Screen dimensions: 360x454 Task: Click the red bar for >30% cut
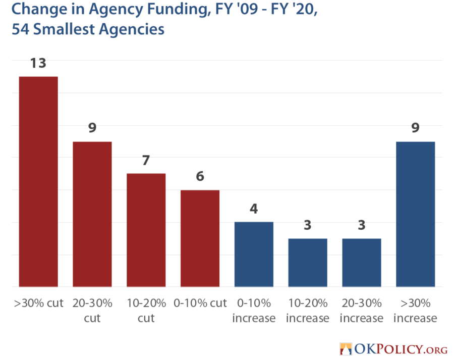pyautogui.click(x=38, y=182)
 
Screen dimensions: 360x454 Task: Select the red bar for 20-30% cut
pyautogui.click(x=92, y=214)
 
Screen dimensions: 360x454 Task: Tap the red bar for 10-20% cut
pyautogui.click(x=146, y=230)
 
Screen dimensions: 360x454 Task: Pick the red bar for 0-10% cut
pyautogui.click(x=200, y=238)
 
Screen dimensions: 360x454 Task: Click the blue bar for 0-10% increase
pyautogui.click(x=254, y=254)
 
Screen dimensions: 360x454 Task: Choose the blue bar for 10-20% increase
pyautogui.click(x=308, y=263)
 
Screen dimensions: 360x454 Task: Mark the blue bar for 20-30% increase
pyautogui.click(x=362, y=263)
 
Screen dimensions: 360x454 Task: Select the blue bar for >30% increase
pyautogui.click(x=416, y=214)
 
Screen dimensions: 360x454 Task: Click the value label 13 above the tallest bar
pyautogui.click(x=38, y=64)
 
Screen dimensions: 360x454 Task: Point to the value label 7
pyautogui.click(x=146, y=161)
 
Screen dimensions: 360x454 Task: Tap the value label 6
pyautogui.click(x=200, y=177)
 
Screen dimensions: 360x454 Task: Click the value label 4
pyautogui.click(x=254, y=209)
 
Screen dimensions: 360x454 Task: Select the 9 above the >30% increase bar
pyautogui.click(x=416, y=128)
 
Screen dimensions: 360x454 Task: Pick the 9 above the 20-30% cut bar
pyautogui.click(x=92, y=128)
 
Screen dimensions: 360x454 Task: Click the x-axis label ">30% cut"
pyautogui.click(x=38, y=303)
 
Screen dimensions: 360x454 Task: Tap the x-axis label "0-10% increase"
pyautogui.click(x=254, y=311)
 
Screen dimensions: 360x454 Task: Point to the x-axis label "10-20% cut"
pyautogui.click(x=146, y=311)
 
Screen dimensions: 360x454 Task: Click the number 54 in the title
pyautogui.click(x=21, y=29)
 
